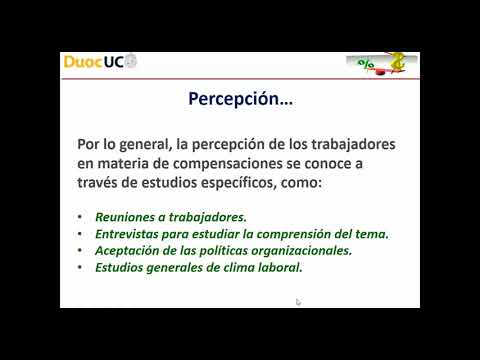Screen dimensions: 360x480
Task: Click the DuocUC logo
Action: click(x=100, y=61)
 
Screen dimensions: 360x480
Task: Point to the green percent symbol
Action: click(x=367, y=65)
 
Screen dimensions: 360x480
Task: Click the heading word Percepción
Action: click(x=235, y=99)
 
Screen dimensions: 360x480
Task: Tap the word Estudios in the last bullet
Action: click(x=123, y=268)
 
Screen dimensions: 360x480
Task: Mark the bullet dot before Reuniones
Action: click(x=79, y=216)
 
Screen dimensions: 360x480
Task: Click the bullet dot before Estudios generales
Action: click(x=79, y=269)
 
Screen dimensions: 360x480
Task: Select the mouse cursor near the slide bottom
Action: click(x=298, y=301)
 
